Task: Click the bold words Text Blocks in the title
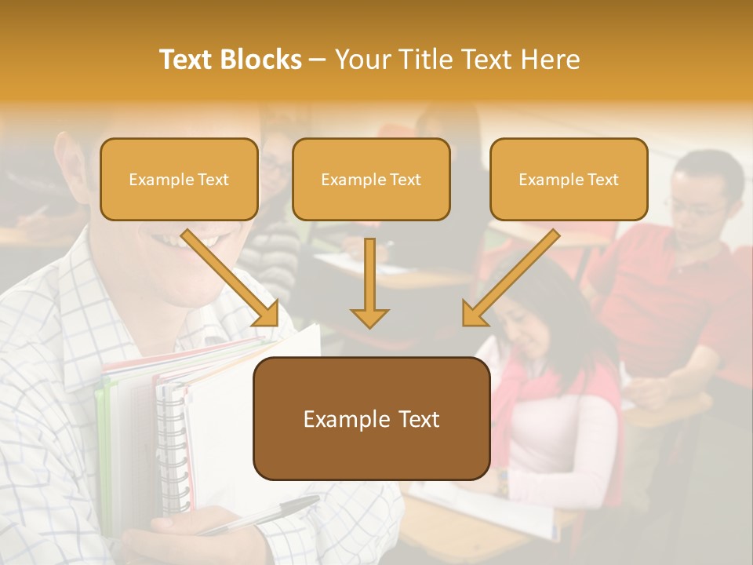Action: [x=230, y=60]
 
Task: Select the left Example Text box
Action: [x=179, y=180]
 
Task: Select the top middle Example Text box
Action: [x=371, y=180]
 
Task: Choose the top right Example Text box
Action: [x=569, y=180]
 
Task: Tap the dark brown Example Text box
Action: [x=371, y=419]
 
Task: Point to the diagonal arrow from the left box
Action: [x=231, y=276]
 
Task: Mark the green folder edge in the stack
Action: [x=100, y=439]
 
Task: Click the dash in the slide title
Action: [x=318, y=60]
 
